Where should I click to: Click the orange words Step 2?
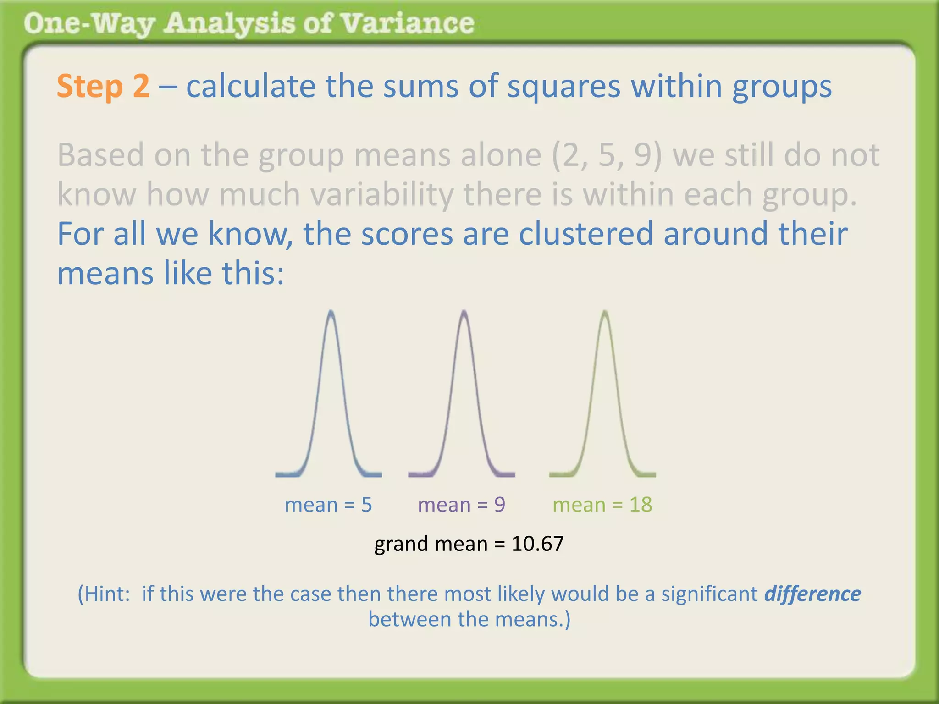[x=103, y=86]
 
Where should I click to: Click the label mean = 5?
[x=328, y=505]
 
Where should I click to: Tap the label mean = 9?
[x=461, y=505]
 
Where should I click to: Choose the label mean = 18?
[x=602, y=505]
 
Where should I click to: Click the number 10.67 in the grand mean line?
[x=537, y=544]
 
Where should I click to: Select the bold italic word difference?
[x=812, y=594]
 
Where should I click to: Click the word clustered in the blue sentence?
[x=585, y=234]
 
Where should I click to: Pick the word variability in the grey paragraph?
[x=381, y=194]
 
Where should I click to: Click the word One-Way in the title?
[x=89, y=23]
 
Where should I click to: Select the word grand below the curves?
[x=401, y=544]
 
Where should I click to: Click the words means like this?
[x=171, y=273]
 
